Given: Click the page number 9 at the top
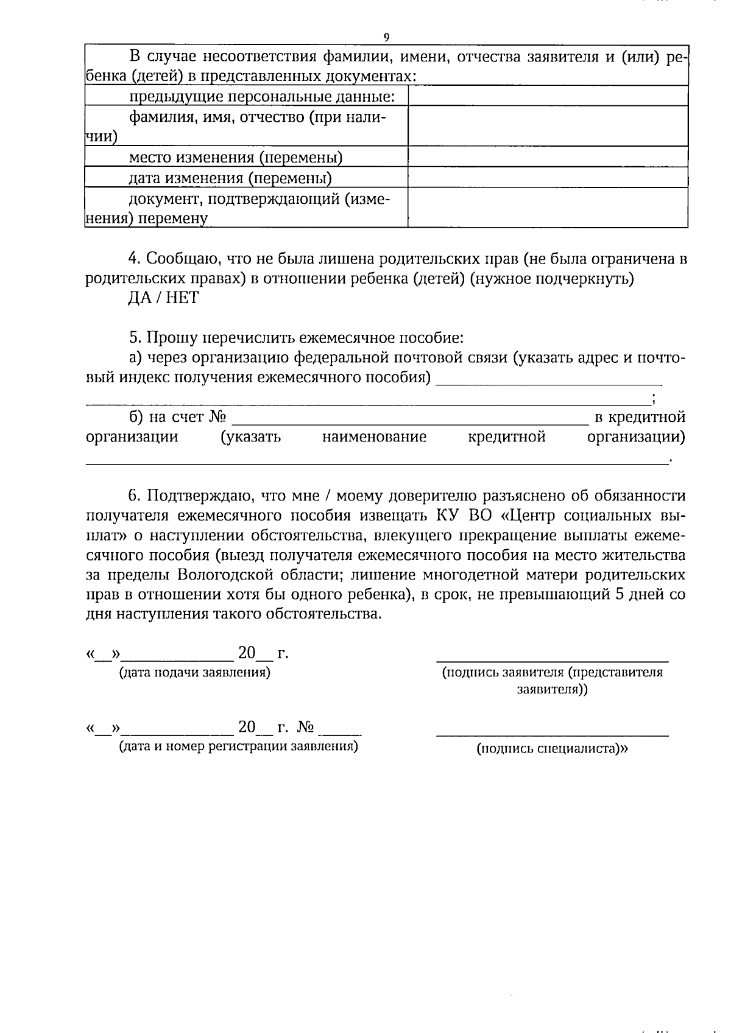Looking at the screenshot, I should click(386, 37).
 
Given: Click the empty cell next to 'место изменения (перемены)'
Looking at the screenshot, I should click(548, 157).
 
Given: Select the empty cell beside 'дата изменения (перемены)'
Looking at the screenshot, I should click(548, 177).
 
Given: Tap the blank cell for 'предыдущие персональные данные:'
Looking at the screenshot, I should click(548, 96).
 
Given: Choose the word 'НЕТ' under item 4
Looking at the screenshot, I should click(181, 298).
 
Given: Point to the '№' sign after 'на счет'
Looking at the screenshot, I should click(217, 417).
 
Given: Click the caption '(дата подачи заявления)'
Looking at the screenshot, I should click(195, 673).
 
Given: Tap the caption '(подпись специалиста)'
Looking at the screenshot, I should click(551, 749).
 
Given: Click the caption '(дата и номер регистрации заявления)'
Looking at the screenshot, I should click(238, 746).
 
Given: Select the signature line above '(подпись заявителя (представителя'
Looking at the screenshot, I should click(552, 660).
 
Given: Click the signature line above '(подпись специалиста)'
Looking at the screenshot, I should click(552, 735).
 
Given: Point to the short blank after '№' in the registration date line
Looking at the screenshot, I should click(340, 732).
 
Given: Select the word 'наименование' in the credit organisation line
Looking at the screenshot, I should click(374, 437).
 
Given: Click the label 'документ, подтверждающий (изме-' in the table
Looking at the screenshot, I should click(259, 198).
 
